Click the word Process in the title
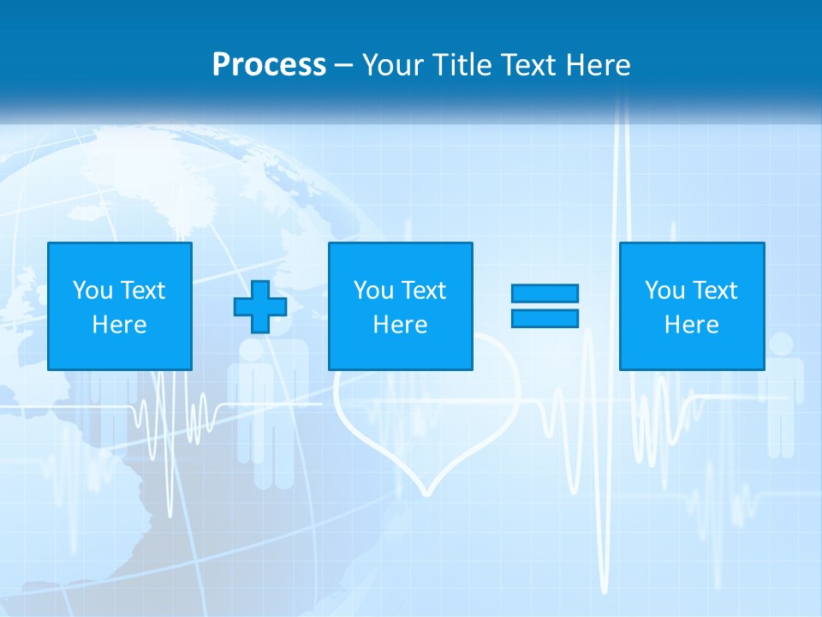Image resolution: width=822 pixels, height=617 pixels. (x=269, y=65)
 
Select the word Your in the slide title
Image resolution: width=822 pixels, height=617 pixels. (x=393, y=65)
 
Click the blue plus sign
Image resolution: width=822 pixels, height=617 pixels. (x=260, y=307)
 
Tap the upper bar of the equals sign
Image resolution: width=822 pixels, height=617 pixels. (x=545, y=294)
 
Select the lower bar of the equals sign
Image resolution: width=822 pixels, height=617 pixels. (x=545, y=319)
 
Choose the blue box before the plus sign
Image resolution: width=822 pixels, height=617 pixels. (x=119, y=306)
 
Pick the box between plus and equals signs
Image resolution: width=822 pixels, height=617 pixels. (x=400, y=306)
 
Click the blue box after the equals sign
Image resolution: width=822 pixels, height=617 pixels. (x=692, y=306)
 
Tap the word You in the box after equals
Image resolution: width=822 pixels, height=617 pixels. (x=664, y=291)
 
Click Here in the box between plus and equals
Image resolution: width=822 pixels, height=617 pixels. (x=400, y=325)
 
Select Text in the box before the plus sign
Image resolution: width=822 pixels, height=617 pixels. (x=143, y=291)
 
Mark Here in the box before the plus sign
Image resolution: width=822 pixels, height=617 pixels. (x=119, y=325)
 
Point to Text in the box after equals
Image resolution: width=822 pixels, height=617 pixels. (x=715, y=291)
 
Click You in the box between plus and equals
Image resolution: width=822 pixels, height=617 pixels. (x=373, y=291)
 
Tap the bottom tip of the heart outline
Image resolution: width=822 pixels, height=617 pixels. (x=426, y=494)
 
